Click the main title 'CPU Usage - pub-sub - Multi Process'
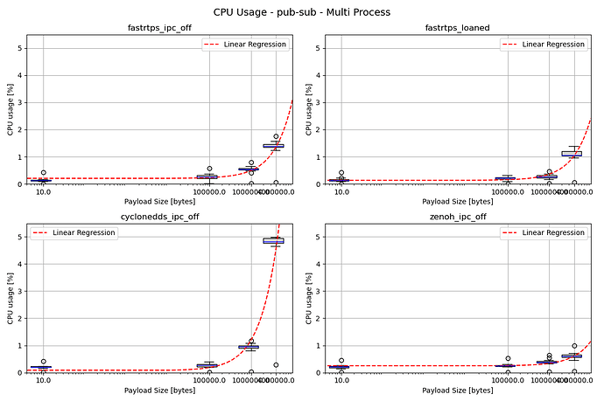pyautogui.click(x=302, y=12)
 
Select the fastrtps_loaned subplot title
pyautogui.click(x=459, y=28)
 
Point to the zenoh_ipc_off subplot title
pyautogui.click(x=459, y=216)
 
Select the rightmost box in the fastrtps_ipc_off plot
pyautogui.click(x=274, y=146)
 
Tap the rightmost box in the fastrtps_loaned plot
pyautogui.click(x=572, y=154)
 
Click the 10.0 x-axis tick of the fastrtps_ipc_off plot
pyautogui.click(x=44, y=193)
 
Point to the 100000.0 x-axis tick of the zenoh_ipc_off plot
pyautogui.click(x=507, y=381)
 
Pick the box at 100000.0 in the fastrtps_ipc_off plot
pyautogui.click(x=207, y=177)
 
